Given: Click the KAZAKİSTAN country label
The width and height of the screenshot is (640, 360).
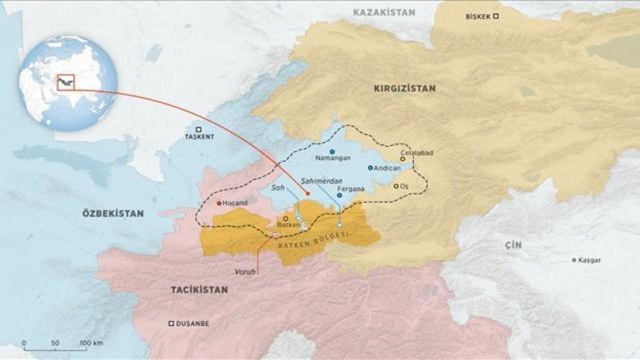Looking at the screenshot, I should [x=384, y=12].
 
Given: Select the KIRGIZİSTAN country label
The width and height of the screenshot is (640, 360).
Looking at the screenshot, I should [x=404, y=88].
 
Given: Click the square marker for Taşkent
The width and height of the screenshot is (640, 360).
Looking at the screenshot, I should [x=198, y=129].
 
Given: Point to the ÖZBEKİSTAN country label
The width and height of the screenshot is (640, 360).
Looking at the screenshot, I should [x=113, y=213].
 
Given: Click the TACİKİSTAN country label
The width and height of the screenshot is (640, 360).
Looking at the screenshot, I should [x=199, y=289].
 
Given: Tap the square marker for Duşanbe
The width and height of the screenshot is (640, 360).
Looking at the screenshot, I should [x=171, y=323].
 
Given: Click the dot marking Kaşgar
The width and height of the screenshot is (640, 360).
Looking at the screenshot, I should [x=574, y=260].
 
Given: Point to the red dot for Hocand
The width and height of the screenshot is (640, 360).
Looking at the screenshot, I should [x=218, y=203].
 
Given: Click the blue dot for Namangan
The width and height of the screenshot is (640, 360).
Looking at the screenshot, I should [x=332, y=151].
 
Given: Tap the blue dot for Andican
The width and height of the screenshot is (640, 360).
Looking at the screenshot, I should [x=370, y=168].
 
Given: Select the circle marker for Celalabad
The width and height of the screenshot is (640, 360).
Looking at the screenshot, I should [x=402, y=159].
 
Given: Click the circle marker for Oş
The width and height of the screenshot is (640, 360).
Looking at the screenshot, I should [x=395, y=186].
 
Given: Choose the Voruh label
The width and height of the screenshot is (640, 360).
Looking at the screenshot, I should [x=245, y=271].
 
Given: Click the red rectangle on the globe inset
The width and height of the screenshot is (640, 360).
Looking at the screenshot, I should [x=65, y=82].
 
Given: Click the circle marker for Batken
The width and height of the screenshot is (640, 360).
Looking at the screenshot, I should [x=285, y=218].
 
